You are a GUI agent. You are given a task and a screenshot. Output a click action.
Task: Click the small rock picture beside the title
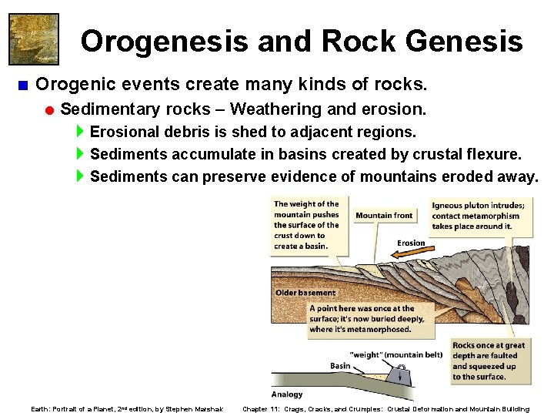[x=34, y=39]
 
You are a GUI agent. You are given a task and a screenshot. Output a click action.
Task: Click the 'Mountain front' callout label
[x=384, y=216]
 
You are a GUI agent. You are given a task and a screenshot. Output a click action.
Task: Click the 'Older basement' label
[x=305, y=293]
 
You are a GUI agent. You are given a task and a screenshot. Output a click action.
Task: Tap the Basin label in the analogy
[x=340, y=365]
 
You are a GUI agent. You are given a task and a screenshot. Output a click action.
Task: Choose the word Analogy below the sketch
[x=287, y=394]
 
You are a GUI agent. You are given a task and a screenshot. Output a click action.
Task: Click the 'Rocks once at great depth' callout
[x=488, y=361]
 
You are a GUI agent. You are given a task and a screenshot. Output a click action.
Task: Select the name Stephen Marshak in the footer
[x=194, y=409]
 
